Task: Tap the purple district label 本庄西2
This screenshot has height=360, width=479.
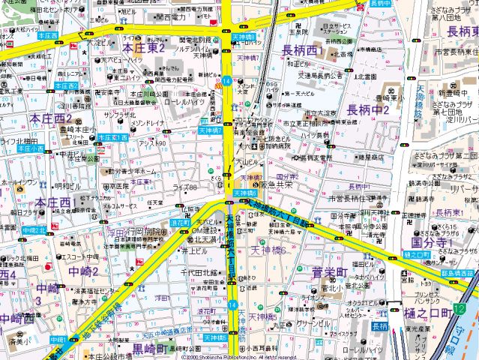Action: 50,118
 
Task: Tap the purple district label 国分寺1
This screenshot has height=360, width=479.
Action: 432,242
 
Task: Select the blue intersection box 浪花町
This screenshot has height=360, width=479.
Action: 180,223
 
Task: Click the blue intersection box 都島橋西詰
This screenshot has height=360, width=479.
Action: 459,274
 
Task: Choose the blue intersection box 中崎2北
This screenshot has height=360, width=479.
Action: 34,230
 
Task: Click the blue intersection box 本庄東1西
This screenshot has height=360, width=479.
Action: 112,138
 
